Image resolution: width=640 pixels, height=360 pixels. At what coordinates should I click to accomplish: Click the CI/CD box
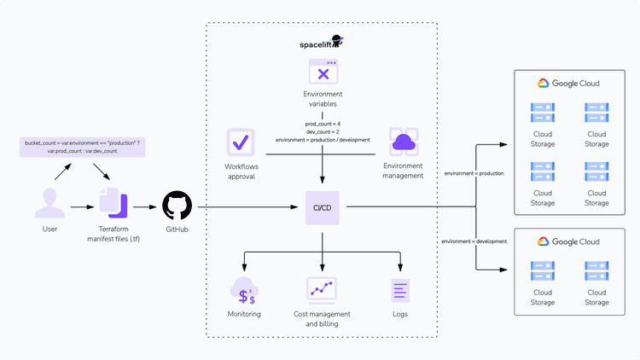(323, 206)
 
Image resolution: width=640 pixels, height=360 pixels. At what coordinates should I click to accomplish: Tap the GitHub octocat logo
(177, 206)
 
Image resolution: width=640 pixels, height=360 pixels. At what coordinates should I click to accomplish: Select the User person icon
(49, 206)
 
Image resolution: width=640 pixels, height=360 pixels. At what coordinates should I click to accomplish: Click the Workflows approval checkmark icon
(241, 142)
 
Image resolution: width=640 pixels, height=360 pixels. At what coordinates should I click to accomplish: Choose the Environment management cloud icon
(403, 142)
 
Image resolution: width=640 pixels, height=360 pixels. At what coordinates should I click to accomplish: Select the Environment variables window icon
(323, 73)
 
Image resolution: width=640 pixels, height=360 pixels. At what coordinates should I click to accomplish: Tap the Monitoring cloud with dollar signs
(245, 292)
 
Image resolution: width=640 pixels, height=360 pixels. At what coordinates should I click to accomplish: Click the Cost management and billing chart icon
(323, 291)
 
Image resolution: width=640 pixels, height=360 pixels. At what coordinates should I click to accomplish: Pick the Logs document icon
(399, 291)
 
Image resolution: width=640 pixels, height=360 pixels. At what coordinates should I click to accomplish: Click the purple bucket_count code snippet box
(83, 146)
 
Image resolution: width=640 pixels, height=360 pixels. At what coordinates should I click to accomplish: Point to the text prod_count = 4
(323, 124)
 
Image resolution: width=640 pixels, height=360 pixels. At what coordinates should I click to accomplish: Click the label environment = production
(474, 173)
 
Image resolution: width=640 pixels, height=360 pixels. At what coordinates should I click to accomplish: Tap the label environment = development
(474, 241)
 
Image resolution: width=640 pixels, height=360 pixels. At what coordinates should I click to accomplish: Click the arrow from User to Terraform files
(82, 206)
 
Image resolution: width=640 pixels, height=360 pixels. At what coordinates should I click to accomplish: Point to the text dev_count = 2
(323, 131)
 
